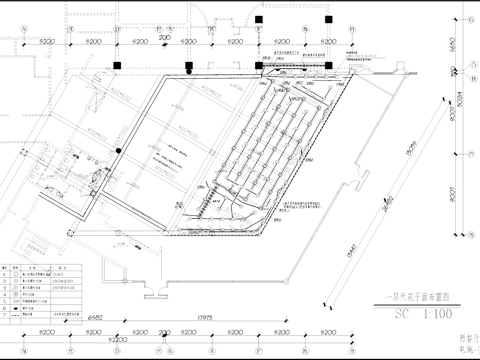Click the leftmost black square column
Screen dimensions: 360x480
click(117, 66)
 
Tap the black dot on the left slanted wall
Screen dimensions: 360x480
click(118, 150)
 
